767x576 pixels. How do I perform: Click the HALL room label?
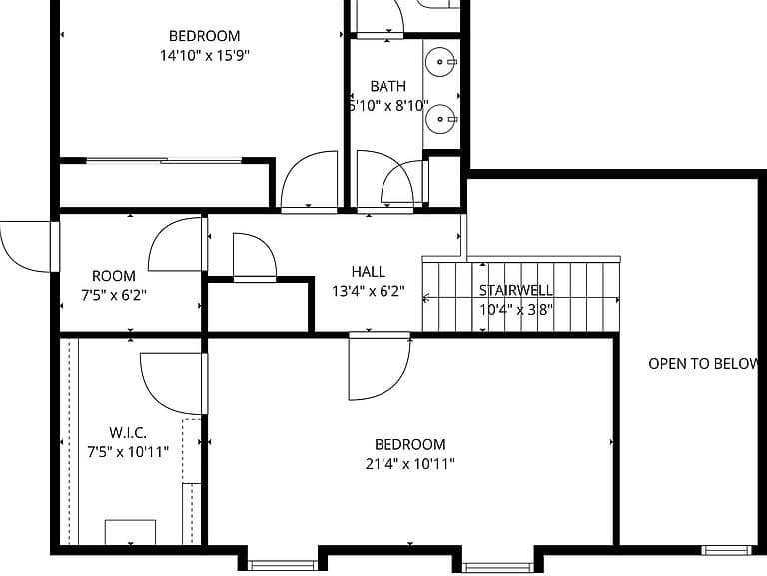click(368, 271)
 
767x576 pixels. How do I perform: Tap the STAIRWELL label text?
click(516, 290)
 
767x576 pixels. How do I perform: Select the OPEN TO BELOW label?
click(703, 363)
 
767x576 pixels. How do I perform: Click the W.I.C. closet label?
click(128, 432)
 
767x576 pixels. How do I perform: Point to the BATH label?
click(387, 86)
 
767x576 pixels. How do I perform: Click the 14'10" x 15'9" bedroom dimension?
click(205, 55)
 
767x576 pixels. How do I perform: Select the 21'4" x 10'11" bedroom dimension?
click(409, 463)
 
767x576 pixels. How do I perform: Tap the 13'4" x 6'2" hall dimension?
click(369, 291)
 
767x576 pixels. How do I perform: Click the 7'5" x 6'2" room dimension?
click(114, 295)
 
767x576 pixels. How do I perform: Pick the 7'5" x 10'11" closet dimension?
click(128, 452)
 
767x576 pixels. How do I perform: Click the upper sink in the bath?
click(440, 62)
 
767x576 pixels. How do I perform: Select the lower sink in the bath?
click(440, 119)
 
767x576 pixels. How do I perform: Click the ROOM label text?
click(114, 276)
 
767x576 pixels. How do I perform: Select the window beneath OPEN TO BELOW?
click(726, 550)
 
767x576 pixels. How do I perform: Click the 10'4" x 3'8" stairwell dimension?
click(516, 310)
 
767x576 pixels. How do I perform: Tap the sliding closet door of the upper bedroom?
click(164, 160)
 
